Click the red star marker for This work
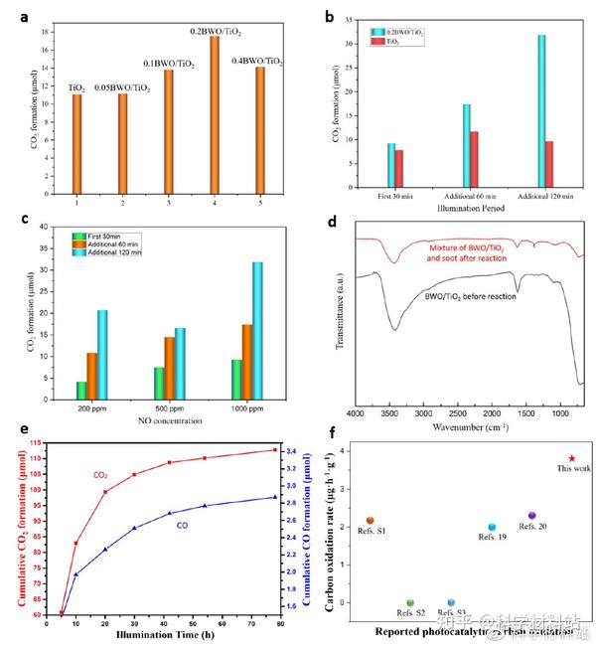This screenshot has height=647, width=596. (571, 458)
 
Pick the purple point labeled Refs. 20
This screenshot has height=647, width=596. (532, 515)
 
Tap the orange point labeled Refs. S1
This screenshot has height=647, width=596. (370, 520)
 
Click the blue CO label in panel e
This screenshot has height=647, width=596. (183, 525)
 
